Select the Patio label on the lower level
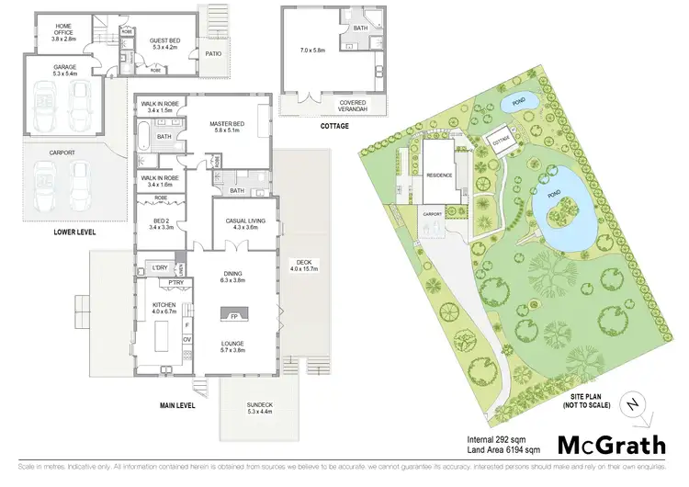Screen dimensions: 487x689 pyautogui.click(x=214, y=53)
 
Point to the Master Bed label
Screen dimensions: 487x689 pyautogui.click(x=226, y=127)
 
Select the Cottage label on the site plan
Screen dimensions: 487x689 pyautogui.click(x=502, y=141)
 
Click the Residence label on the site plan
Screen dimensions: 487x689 pyautogui.click(x=437, y=175)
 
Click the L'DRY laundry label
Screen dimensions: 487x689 pyautogui.click(x=158, y=267)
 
